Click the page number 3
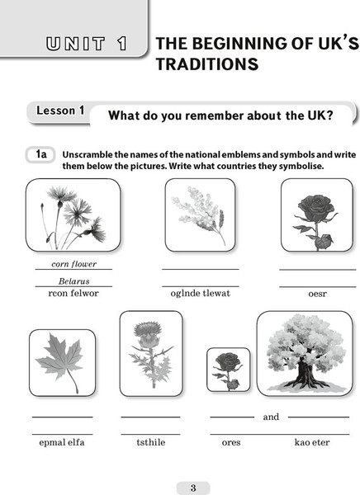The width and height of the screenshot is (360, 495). coord(193,488)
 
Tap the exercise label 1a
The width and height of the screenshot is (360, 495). coord(40,155)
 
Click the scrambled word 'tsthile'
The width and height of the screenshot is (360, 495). coord(151,442)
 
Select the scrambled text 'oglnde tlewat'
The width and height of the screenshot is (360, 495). coord(201,294)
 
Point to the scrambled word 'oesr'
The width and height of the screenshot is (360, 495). coord(317,294)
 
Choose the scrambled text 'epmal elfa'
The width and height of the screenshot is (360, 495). coord(62,442)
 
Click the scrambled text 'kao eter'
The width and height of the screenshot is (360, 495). coord(312,442)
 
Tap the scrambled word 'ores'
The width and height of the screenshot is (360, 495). coord(231,443)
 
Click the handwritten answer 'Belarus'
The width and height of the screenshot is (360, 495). coord(74,281)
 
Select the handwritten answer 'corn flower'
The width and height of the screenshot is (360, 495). coord(74,264)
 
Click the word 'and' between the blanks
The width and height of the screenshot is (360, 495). coord(271,417)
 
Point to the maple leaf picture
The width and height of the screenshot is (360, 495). coord(60,362)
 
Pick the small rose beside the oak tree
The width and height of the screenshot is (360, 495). coord(228,370)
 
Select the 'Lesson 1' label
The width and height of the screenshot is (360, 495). coord(60,111)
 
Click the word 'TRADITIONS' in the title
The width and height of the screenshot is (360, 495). coord(207,64)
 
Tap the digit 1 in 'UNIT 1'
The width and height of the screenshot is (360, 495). coord(123,44)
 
